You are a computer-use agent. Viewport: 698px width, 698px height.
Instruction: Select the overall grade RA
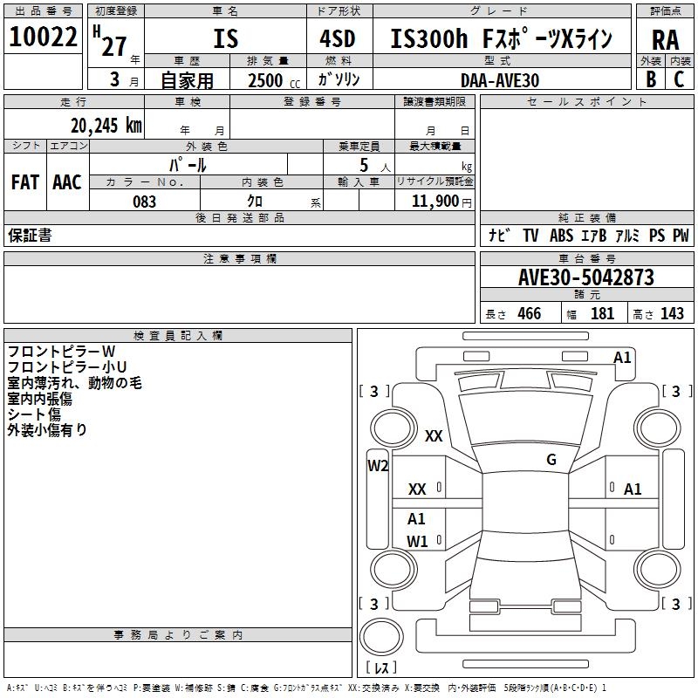coord(665,39)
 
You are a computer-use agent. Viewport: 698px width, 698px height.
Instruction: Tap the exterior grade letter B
coord(651,79)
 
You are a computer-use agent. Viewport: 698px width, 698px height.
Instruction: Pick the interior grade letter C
coord(679,79)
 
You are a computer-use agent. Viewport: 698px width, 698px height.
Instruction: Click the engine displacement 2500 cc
coord(271,80)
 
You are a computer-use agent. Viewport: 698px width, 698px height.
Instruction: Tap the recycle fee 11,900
coord(439,202)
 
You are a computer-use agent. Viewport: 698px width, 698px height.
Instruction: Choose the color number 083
coord(144,202)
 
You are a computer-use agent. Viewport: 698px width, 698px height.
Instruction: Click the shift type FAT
coord(24,182)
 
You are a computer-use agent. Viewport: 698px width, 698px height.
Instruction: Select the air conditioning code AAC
coord(67,182)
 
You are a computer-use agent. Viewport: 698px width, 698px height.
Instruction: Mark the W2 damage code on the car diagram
coord(378,466)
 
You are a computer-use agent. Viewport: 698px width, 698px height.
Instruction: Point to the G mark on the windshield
coord(551,460)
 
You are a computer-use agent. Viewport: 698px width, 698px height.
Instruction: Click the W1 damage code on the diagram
coord(417,541)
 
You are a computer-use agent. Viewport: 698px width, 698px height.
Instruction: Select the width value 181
coord(602,313)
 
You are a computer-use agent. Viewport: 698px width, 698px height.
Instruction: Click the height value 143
coord(672,313)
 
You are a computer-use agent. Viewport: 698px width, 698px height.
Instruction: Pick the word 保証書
coord(30,236)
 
